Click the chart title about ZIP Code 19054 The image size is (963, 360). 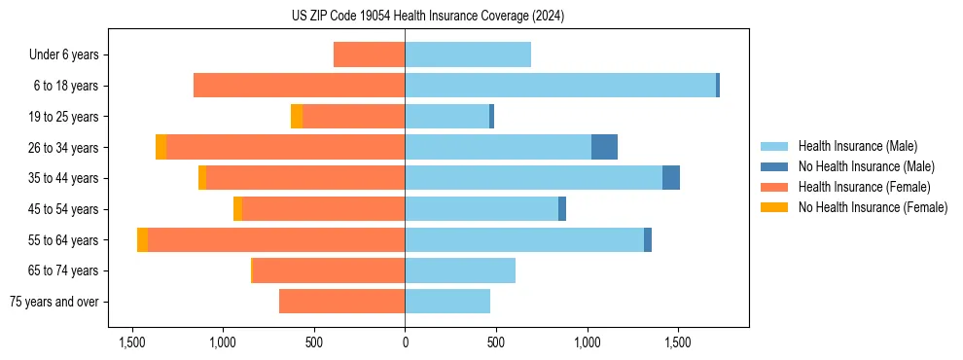click(427, 17)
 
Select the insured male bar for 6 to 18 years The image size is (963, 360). click(560, 86)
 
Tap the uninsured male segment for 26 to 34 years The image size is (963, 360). click(604, 147)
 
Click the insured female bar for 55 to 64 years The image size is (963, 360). click(276, 240)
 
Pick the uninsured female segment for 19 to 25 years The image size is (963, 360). click(297, 117)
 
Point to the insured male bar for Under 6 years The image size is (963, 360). click(468, 54)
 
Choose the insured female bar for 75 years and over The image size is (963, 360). click(341, 302)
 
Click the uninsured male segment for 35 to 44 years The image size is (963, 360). click(671, 178)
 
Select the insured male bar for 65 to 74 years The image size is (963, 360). click(460, 270)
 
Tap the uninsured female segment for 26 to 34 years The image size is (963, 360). click(160, 147)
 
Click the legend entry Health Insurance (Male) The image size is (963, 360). click(857, 146)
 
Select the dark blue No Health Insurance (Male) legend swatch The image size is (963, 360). click(774, 166)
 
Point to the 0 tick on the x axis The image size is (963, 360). click(405, 342)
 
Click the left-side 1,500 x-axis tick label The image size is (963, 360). click(132, 342)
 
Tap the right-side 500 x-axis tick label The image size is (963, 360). click(496, 342)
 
